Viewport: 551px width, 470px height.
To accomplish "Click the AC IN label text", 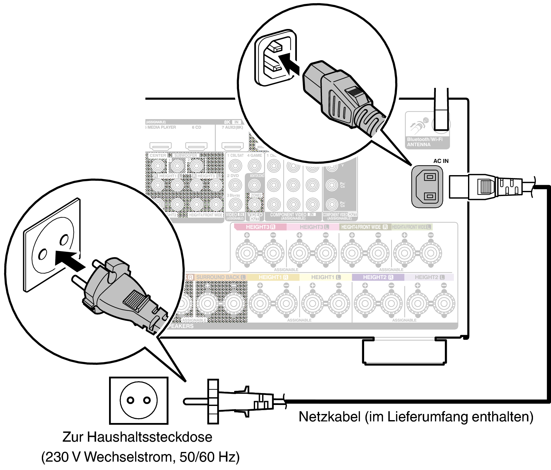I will [441, 161].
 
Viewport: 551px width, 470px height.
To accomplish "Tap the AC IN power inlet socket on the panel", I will [427, 187].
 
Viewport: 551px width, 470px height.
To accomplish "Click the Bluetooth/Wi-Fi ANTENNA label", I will [424, 142].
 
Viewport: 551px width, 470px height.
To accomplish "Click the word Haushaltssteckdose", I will [150, 437].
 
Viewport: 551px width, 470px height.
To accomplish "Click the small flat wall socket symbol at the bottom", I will [139, 400].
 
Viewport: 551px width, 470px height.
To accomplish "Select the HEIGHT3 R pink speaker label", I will [260, 227].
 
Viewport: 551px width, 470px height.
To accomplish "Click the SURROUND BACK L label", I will [221, 277].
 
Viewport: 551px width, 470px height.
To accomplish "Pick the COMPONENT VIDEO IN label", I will [293, 215].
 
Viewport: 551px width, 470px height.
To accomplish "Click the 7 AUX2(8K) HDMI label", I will [232, 127].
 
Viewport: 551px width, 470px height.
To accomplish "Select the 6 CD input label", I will [196, 127].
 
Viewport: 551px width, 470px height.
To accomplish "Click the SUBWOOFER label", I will [186, 155].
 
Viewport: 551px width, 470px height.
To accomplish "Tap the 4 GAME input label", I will [254, 155].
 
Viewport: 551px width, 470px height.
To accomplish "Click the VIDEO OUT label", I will [255, 216].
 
